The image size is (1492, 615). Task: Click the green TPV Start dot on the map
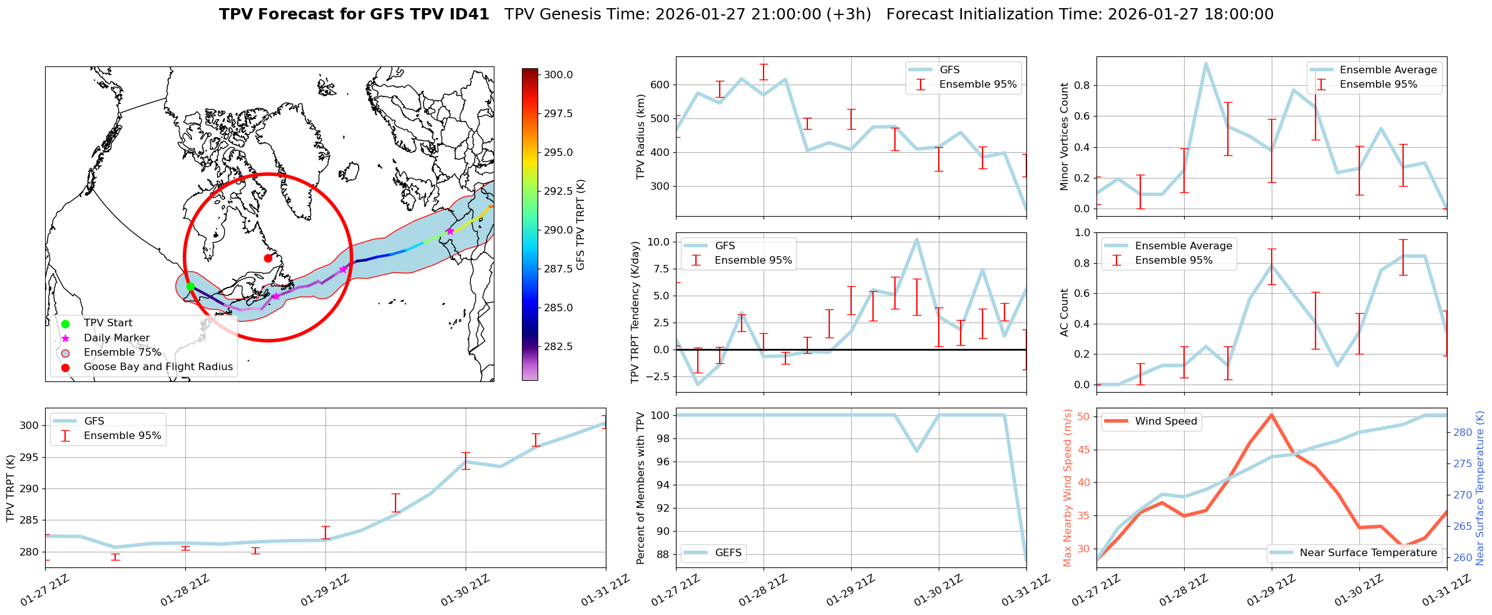(190, 286)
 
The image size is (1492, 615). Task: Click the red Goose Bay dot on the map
(268, 258)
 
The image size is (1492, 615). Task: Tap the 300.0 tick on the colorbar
(558, 75)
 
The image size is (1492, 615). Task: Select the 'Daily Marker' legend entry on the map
(116, 338)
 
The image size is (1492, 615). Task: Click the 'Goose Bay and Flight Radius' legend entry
(158, 367)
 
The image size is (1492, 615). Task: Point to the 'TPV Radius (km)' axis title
(640, 137)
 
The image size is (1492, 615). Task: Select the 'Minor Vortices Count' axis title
(1065, 137)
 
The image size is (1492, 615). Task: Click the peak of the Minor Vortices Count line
(1205, 63)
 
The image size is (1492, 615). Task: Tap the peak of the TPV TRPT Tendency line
(916, 239)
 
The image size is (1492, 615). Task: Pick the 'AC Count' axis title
(1065, 313)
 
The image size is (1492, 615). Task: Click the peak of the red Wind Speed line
(1271, 415)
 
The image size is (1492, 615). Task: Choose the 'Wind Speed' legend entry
(1166, 421)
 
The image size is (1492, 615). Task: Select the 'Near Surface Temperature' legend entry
(1368, 552)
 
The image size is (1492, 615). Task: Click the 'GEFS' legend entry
(728, 552)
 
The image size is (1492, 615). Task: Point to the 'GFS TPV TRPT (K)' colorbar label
(581, 224)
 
